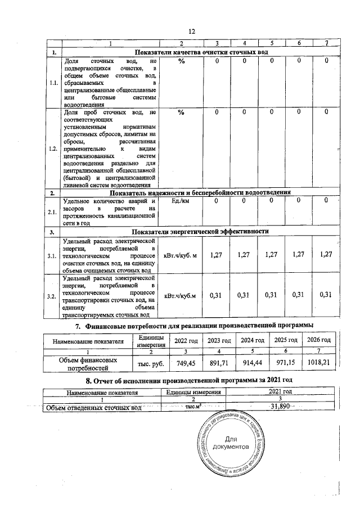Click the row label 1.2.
coord(53,149)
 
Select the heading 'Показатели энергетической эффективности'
coord(200,231)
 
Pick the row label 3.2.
coord(53,296)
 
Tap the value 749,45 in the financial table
coord(185,363)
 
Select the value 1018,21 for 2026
coord(318,363)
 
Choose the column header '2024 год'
coord(252,341)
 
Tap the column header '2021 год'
coord(280,391)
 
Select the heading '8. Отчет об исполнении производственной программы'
coord(180,381)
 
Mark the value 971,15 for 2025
coord(284,363)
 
